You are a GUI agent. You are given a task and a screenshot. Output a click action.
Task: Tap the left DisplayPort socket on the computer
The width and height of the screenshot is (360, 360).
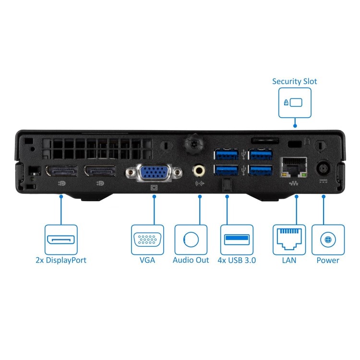[x=61, y=171]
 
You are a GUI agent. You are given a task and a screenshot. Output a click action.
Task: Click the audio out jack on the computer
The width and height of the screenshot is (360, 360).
[x=199, y=170]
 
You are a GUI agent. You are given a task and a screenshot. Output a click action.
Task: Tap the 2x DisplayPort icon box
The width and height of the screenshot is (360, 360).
[x=61, y=239]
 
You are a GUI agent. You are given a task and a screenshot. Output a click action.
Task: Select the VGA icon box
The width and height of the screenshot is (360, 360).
[x=147, y=239]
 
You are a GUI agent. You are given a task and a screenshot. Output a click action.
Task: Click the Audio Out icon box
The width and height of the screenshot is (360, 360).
[x=191, y=239]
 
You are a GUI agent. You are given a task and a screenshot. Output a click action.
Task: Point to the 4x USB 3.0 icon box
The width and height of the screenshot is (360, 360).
[x=237, y=239]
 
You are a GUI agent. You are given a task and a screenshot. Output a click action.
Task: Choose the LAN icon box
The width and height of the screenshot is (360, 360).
[x=289, y=239]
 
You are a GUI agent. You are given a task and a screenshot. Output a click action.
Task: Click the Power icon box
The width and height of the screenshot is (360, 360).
[x=328, y=239]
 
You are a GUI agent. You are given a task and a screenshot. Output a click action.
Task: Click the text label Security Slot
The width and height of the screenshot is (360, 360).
[x=295, y=81]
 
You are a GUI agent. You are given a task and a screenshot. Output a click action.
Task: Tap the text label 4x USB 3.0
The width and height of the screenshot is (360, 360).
[x=237, y=260]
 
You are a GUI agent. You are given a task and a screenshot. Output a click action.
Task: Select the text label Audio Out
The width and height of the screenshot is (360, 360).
[x=191, y=260]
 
